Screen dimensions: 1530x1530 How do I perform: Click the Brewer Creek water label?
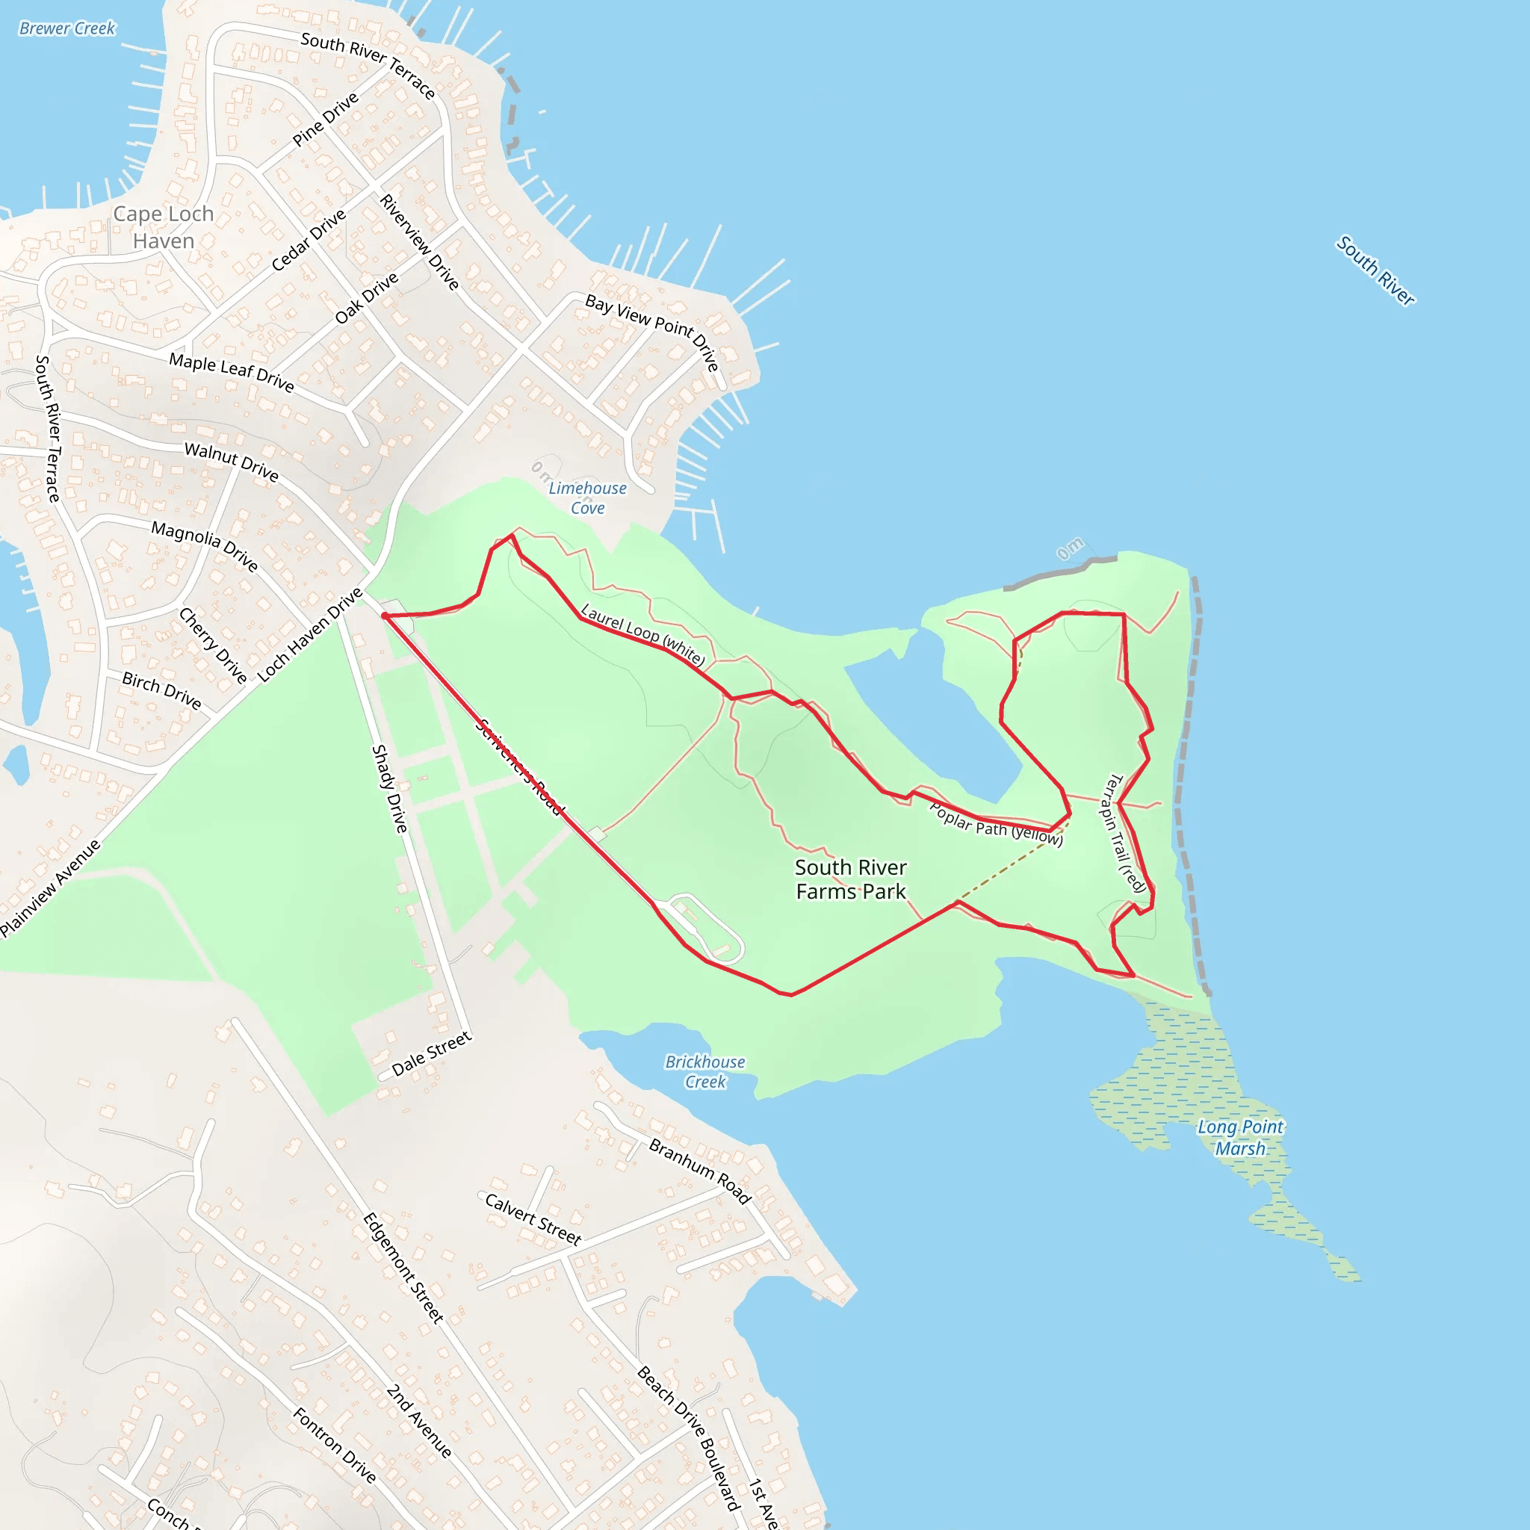tap(67, 29)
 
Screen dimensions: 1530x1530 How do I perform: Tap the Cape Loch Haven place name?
tap(163, 227)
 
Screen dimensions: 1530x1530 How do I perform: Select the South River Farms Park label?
tap(850, 879)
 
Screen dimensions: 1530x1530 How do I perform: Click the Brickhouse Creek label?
tap(704, 1071)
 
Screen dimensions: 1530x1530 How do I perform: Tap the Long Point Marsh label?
tap(1240, 1137)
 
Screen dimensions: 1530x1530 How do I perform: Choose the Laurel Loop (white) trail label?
tap(642, 634)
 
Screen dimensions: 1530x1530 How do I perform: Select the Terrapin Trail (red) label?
tap(1124, 833)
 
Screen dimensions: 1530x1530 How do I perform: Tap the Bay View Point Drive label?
tap(652, 331)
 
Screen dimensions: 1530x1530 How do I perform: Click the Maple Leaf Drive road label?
tap(232, 372)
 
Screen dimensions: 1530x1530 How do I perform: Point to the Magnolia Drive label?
tap(204, 545)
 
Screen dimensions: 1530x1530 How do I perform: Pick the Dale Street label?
tap(432, 1053)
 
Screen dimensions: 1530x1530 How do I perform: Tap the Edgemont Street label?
tap(403, 1267)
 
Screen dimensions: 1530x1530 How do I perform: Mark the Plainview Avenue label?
tap(50, 888)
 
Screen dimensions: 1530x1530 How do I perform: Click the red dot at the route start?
tap(384, 616)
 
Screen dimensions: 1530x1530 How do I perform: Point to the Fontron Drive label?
tap(334, 1445)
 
